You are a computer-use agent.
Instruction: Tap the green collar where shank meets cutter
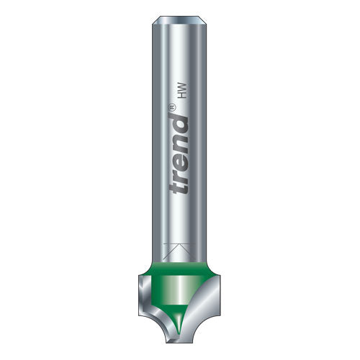point(179,267)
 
